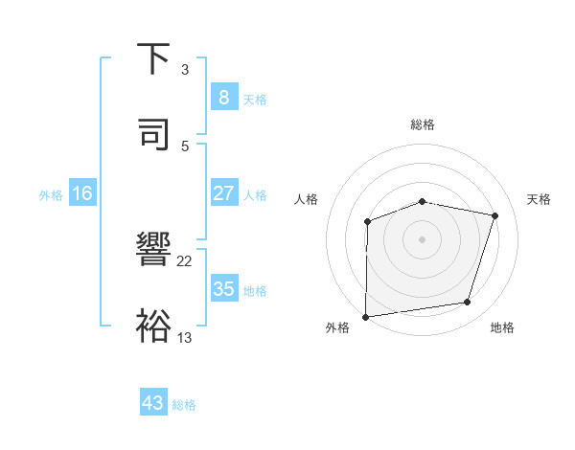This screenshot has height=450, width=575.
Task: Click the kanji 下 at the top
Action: (153, 59)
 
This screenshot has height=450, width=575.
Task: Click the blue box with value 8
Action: (223, 98)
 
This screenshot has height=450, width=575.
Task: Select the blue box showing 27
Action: (223, 193)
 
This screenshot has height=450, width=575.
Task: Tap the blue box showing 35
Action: (223, 289)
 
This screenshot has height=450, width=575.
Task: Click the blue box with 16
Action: (81, 193)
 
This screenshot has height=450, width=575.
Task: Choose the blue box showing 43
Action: (152, 403)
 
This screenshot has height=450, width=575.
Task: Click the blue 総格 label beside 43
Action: (184, 405)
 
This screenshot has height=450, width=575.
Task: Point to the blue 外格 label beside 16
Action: (51, 195)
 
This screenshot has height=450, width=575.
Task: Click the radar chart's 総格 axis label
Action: (423, 124)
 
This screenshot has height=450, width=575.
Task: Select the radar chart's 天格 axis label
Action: (539, 199)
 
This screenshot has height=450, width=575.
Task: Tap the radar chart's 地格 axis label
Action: (502, 327)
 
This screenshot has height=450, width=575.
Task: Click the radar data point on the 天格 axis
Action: (495, 215)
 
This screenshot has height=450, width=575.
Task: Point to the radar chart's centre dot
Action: (423, 238)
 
